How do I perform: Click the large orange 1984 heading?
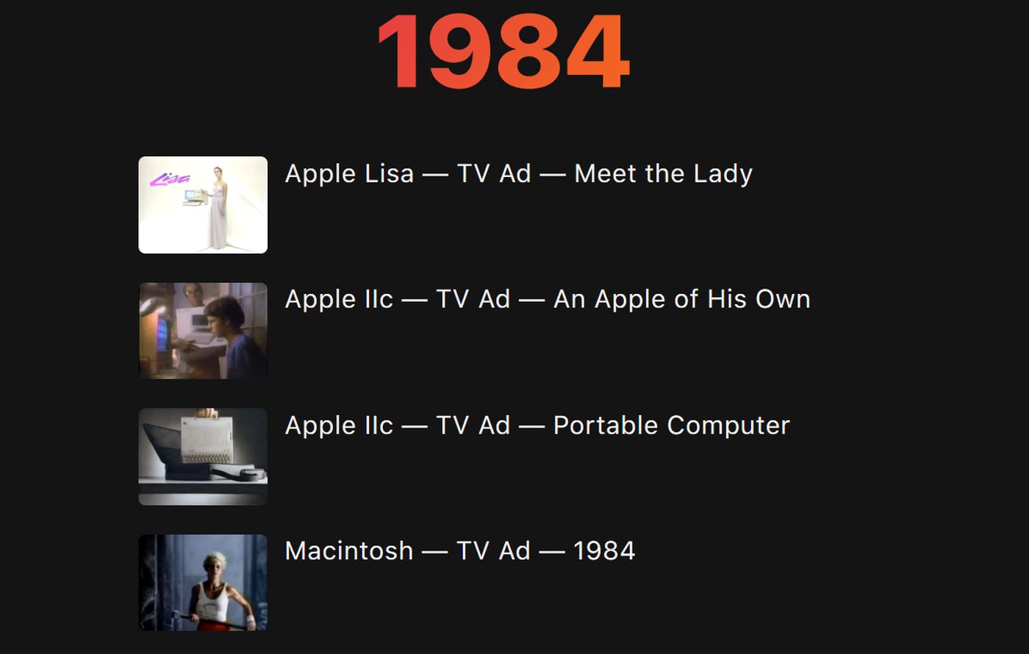503,51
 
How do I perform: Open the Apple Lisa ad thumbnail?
203,205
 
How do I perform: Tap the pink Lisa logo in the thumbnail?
170,179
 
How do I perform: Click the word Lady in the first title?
723,175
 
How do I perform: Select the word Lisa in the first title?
389,174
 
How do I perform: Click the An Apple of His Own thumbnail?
203,331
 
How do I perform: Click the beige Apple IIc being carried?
207,440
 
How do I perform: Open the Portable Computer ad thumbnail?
203,456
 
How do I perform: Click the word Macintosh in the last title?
349,550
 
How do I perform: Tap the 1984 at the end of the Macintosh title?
604,550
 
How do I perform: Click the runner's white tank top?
212,602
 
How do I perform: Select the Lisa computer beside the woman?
195,197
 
